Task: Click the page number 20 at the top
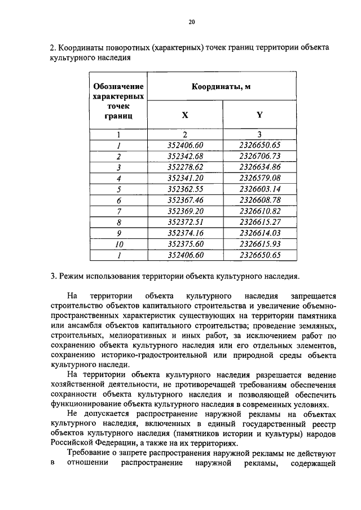click(191, 22)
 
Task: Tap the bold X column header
click(185, 115)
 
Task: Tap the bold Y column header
click(259, 115)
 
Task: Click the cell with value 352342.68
click(185, 156)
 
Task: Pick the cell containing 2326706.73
click(259, 156)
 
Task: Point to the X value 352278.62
click(185, 167)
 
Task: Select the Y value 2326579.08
click(259, 178)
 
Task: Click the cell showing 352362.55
click(185, 189)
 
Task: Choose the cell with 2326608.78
click(259, 200)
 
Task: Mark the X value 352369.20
click(185, 211)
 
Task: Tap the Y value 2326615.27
click(259, 222)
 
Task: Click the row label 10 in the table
click(118, 244)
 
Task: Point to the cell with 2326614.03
click(259, 233)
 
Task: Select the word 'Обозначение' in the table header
click(118, 87)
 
